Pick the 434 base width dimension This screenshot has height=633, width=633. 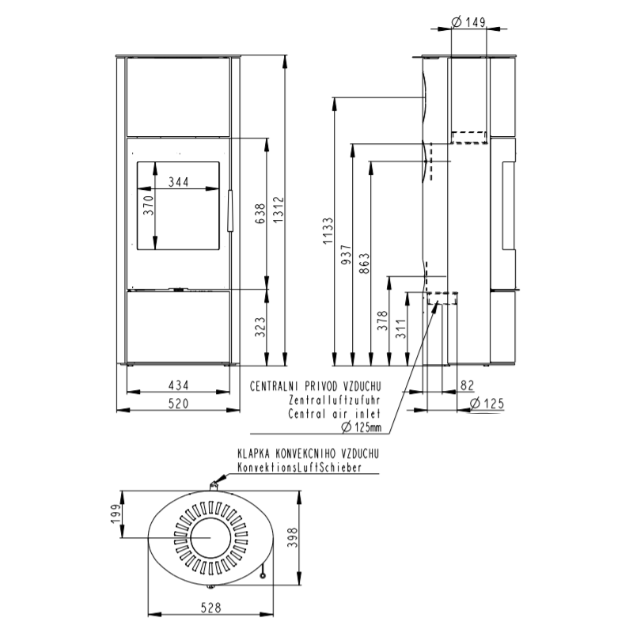pos(180,385)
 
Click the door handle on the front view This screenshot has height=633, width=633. pos(229,210)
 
